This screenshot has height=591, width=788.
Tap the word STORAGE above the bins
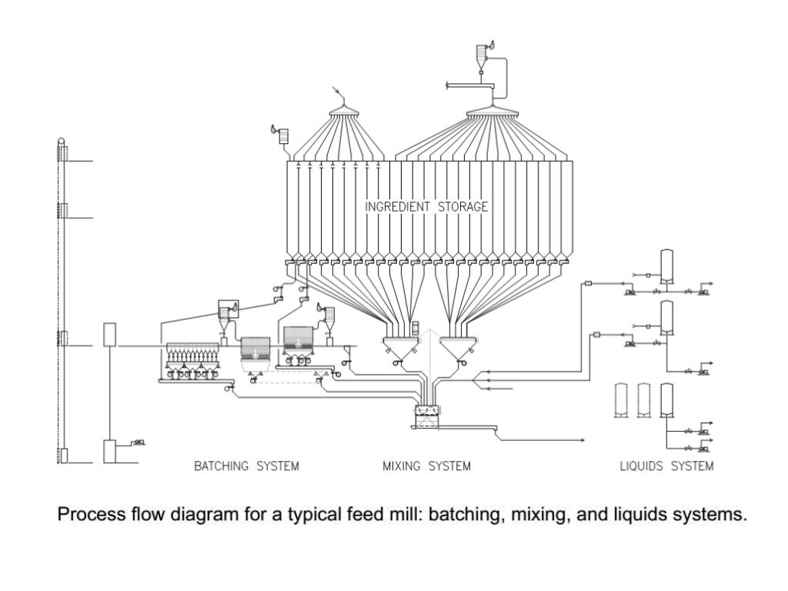point(462,207)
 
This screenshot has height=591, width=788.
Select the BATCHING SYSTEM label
point(246,466)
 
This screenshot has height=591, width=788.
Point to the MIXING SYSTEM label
point(426,466)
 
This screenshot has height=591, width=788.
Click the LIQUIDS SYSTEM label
point(666,466)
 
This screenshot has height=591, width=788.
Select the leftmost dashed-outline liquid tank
point(619,399)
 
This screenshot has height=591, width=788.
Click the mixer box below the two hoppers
point(429,416)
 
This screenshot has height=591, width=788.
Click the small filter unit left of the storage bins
point(282,136)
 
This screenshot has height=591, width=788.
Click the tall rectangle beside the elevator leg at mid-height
point(109,336)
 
